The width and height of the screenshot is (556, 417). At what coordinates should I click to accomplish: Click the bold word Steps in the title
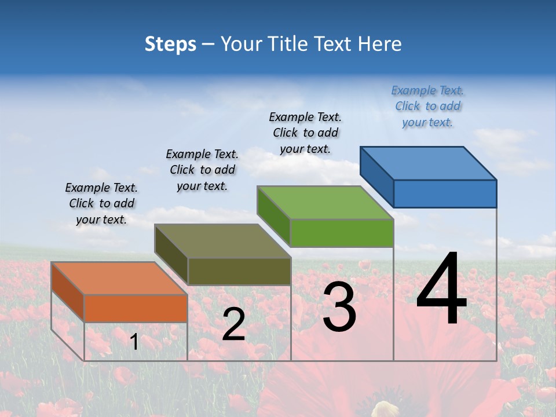(170, 44)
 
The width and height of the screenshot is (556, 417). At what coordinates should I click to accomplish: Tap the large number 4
(441, 289)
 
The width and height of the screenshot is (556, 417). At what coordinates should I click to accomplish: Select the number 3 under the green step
(339, 307)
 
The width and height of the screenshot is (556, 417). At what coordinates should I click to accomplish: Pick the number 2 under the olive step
(233, 324)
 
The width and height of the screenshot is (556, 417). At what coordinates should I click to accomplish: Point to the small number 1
(134, 342)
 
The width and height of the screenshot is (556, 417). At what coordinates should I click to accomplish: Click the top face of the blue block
(429, 163)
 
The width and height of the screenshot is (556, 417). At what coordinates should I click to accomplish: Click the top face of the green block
(325, 202)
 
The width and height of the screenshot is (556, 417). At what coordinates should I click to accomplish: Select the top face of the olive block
(223, 241)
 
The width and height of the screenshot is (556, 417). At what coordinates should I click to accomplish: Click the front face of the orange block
(136, 308)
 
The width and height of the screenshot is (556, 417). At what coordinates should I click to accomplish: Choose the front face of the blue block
(445, 193)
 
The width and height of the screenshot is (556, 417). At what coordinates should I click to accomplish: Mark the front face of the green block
(342, 233)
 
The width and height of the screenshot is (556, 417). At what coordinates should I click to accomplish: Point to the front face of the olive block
(239, 271)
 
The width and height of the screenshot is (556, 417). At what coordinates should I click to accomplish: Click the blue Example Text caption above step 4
(427, 106)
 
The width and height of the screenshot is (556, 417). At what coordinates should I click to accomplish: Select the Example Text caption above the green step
(305, 133)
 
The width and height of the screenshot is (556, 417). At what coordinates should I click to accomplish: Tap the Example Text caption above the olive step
(202, 170)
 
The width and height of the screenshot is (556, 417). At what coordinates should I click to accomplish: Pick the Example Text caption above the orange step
(101, 203)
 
